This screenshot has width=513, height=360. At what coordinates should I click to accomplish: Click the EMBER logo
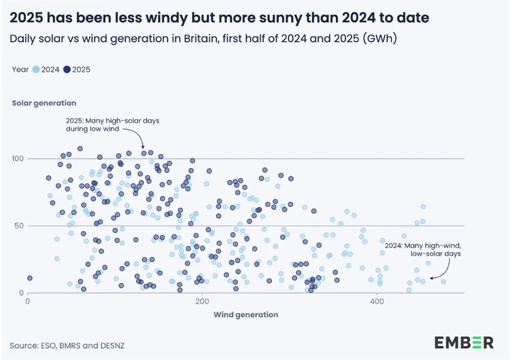point(463,342)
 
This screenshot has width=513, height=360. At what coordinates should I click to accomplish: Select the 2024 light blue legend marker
point(37,70)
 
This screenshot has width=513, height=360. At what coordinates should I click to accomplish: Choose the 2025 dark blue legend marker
point(67,70)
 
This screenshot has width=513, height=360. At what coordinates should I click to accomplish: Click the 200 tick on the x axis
point(202,302)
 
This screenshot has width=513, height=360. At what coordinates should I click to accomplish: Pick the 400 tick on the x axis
point(377,302)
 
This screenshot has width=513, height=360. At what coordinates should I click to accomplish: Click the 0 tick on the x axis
point(28,302)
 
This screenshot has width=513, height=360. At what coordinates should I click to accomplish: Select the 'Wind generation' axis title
point(246,315)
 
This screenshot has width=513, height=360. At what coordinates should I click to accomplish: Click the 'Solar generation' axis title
point(44,103)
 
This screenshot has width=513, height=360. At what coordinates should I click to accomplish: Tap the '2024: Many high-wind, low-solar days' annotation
point(423,249)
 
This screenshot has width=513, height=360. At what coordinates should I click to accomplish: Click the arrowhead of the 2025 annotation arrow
point(144,147)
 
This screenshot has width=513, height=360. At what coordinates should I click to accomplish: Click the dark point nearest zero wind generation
point(30,278)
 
